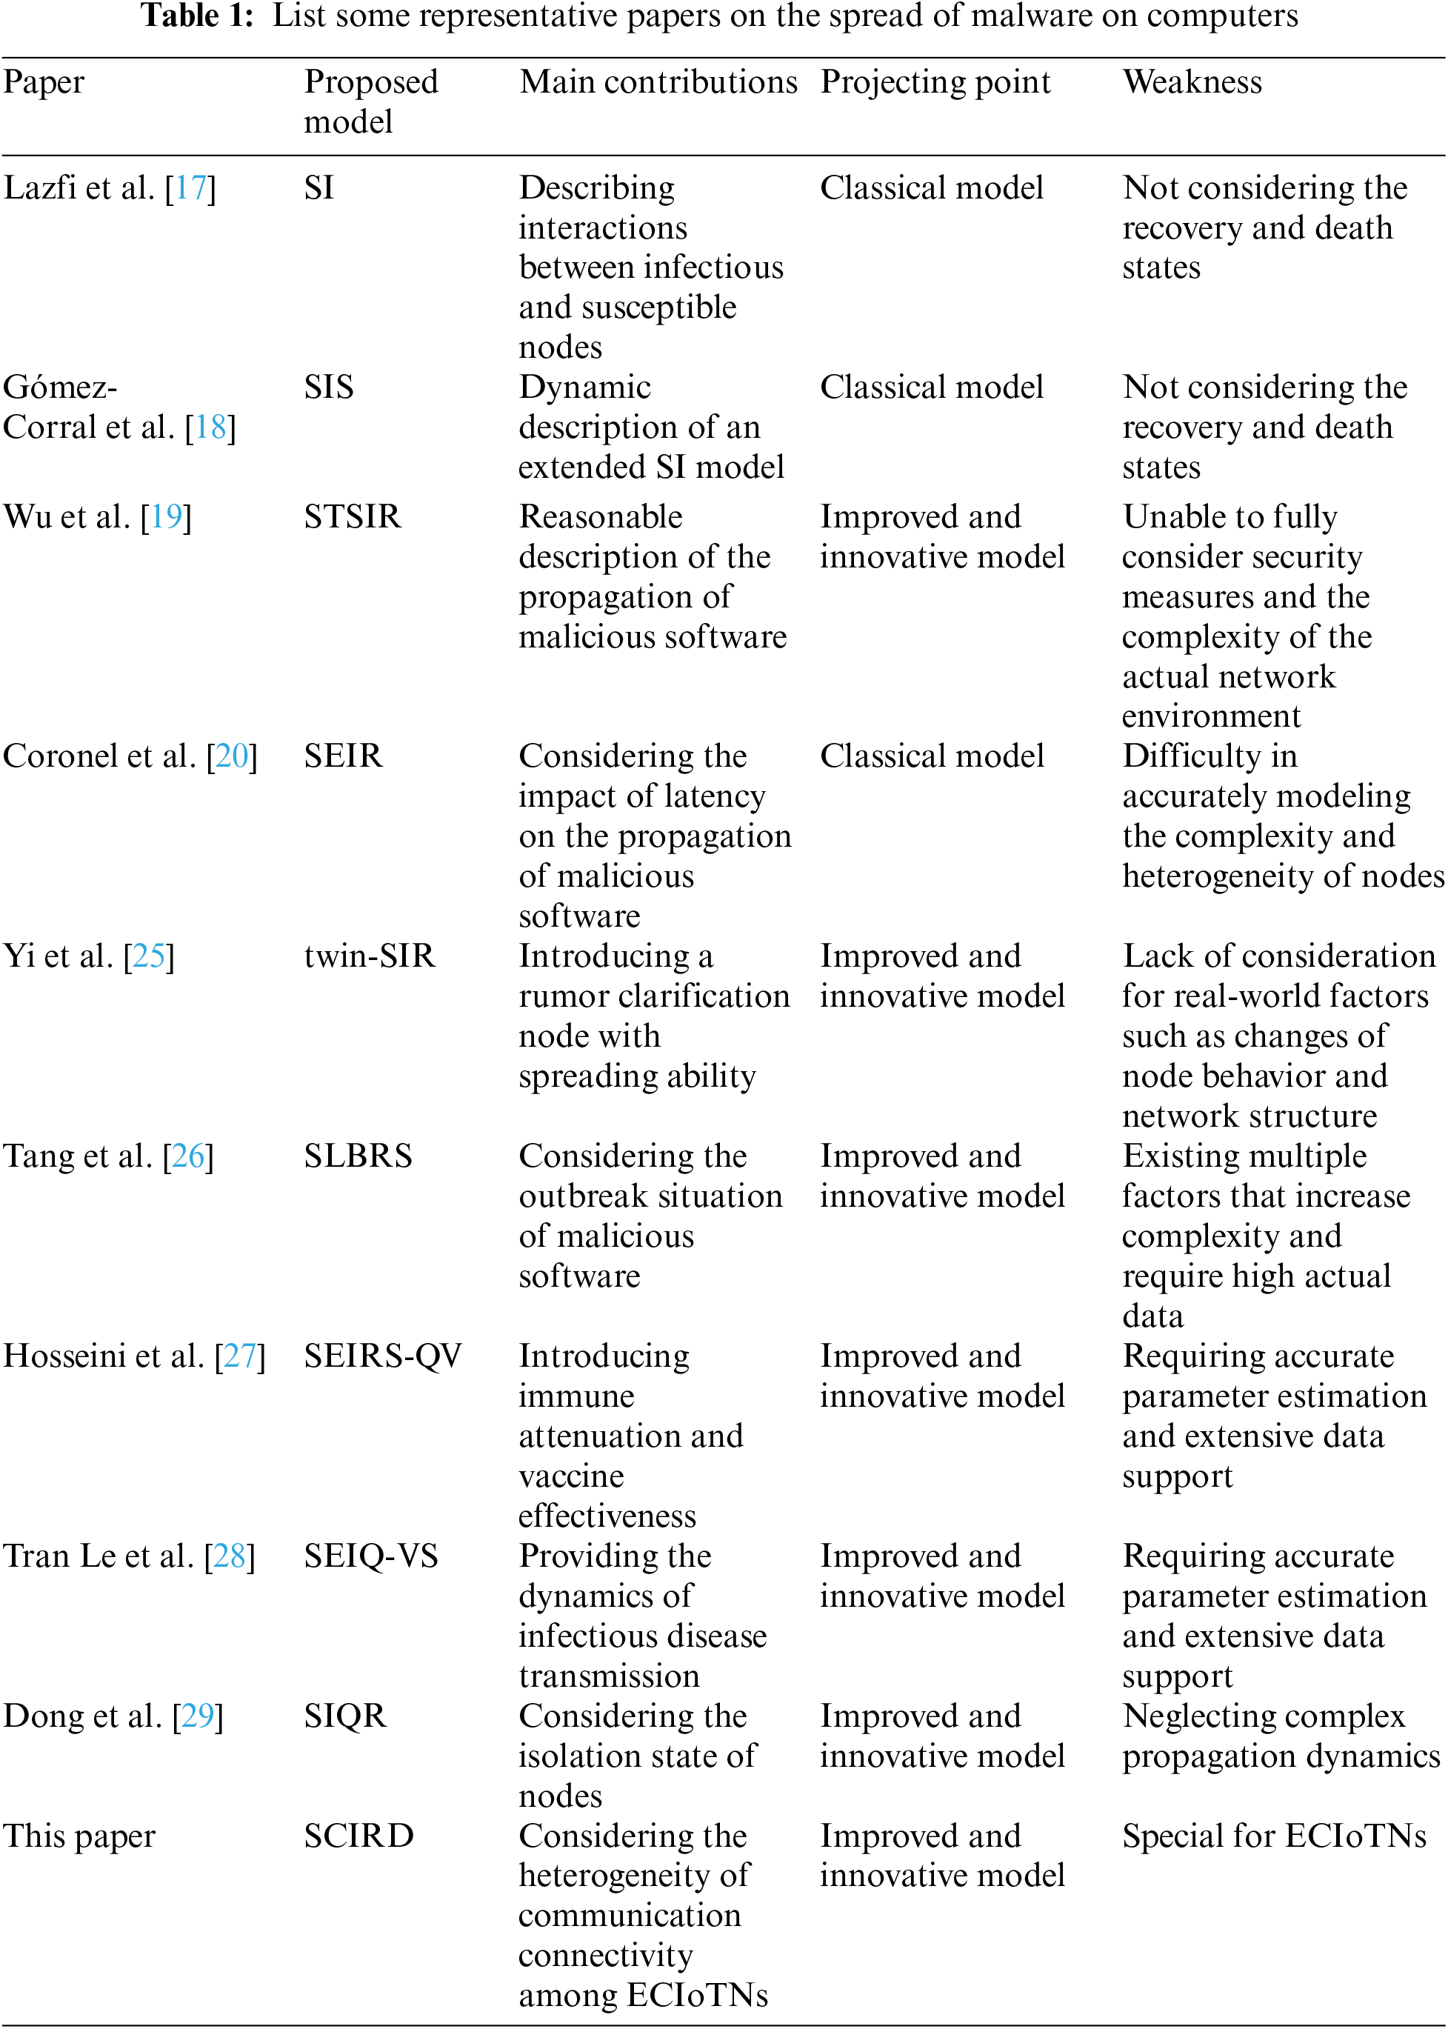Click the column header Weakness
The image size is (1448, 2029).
tap(1192, 82)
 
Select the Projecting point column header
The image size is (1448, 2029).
tap(935, 82)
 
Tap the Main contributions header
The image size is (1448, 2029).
tap(658, 82)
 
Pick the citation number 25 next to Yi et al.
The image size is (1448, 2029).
tap(149, 956)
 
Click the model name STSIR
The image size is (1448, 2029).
tap(353, 516)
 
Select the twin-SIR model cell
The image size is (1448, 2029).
tap(369, 956)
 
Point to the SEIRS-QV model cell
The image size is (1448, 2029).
tap(382, 1356)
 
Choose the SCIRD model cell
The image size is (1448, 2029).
tap(358, 1836)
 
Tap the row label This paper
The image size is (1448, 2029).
tap(79, 1836)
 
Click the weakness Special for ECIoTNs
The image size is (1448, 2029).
tap(1274, 1836)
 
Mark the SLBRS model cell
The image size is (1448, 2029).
tap(358, 1156)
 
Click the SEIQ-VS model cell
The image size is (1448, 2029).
tap(371, 1556)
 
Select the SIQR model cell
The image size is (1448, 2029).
tap(345, 1716)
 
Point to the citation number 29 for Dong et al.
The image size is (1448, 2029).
tap(198, 1716)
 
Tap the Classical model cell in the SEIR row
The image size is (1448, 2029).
tap(932, 756)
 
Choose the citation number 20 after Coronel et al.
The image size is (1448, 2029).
tap(232, 756)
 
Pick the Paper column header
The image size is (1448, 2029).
tap(44, 82)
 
